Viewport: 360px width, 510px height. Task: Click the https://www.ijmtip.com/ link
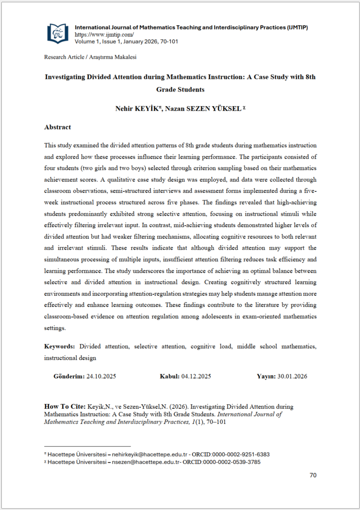[104, 35]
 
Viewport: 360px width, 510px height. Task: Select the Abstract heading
[57, 127]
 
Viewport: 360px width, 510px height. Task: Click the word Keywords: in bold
[59, 347]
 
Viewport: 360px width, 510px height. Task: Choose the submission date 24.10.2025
[101, 376]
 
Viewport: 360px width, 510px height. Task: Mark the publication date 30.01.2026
[292, 376]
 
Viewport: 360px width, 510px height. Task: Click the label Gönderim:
[69, 376]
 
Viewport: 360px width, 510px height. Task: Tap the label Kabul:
[170, 376]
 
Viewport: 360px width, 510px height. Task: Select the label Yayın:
[266, 376]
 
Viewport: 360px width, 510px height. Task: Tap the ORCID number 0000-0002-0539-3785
[235, 462]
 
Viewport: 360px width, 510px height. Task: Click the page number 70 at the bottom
[313, 475]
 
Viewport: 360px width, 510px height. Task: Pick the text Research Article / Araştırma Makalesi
[90, 57]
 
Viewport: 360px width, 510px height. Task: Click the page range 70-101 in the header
[168, 42]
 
